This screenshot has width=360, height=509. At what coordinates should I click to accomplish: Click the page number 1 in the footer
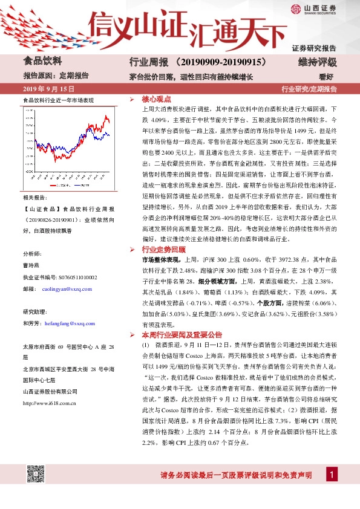[x=331, y=475]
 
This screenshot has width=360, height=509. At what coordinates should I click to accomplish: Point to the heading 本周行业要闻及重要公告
[x=182, y=334]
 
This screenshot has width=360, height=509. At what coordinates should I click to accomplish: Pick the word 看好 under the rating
[x=326, y=77]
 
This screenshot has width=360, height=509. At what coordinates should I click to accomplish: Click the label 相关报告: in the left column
[x=35, y=198]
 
